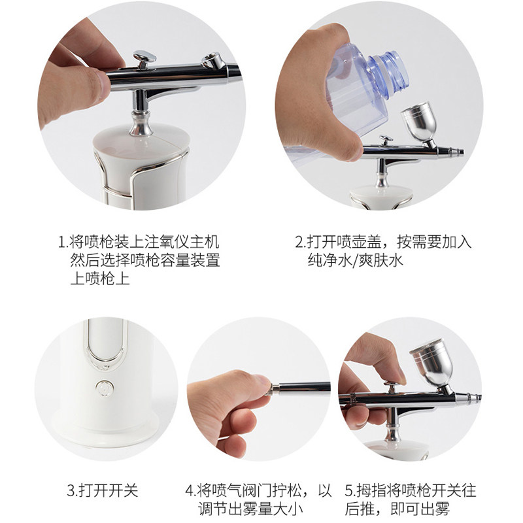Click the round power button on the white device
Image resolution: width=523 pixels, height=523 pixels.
[105, 388]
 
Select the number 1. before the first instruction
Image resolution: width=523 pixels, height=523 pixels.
[63, 242]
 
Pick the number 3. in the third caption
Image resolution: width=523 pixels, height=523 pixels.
[73, 491]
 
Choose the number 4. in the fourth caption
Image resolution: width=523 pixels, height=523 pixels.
[190, 491]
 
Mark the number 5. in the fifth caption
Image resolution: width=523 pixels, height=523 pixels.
[350, 491]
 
